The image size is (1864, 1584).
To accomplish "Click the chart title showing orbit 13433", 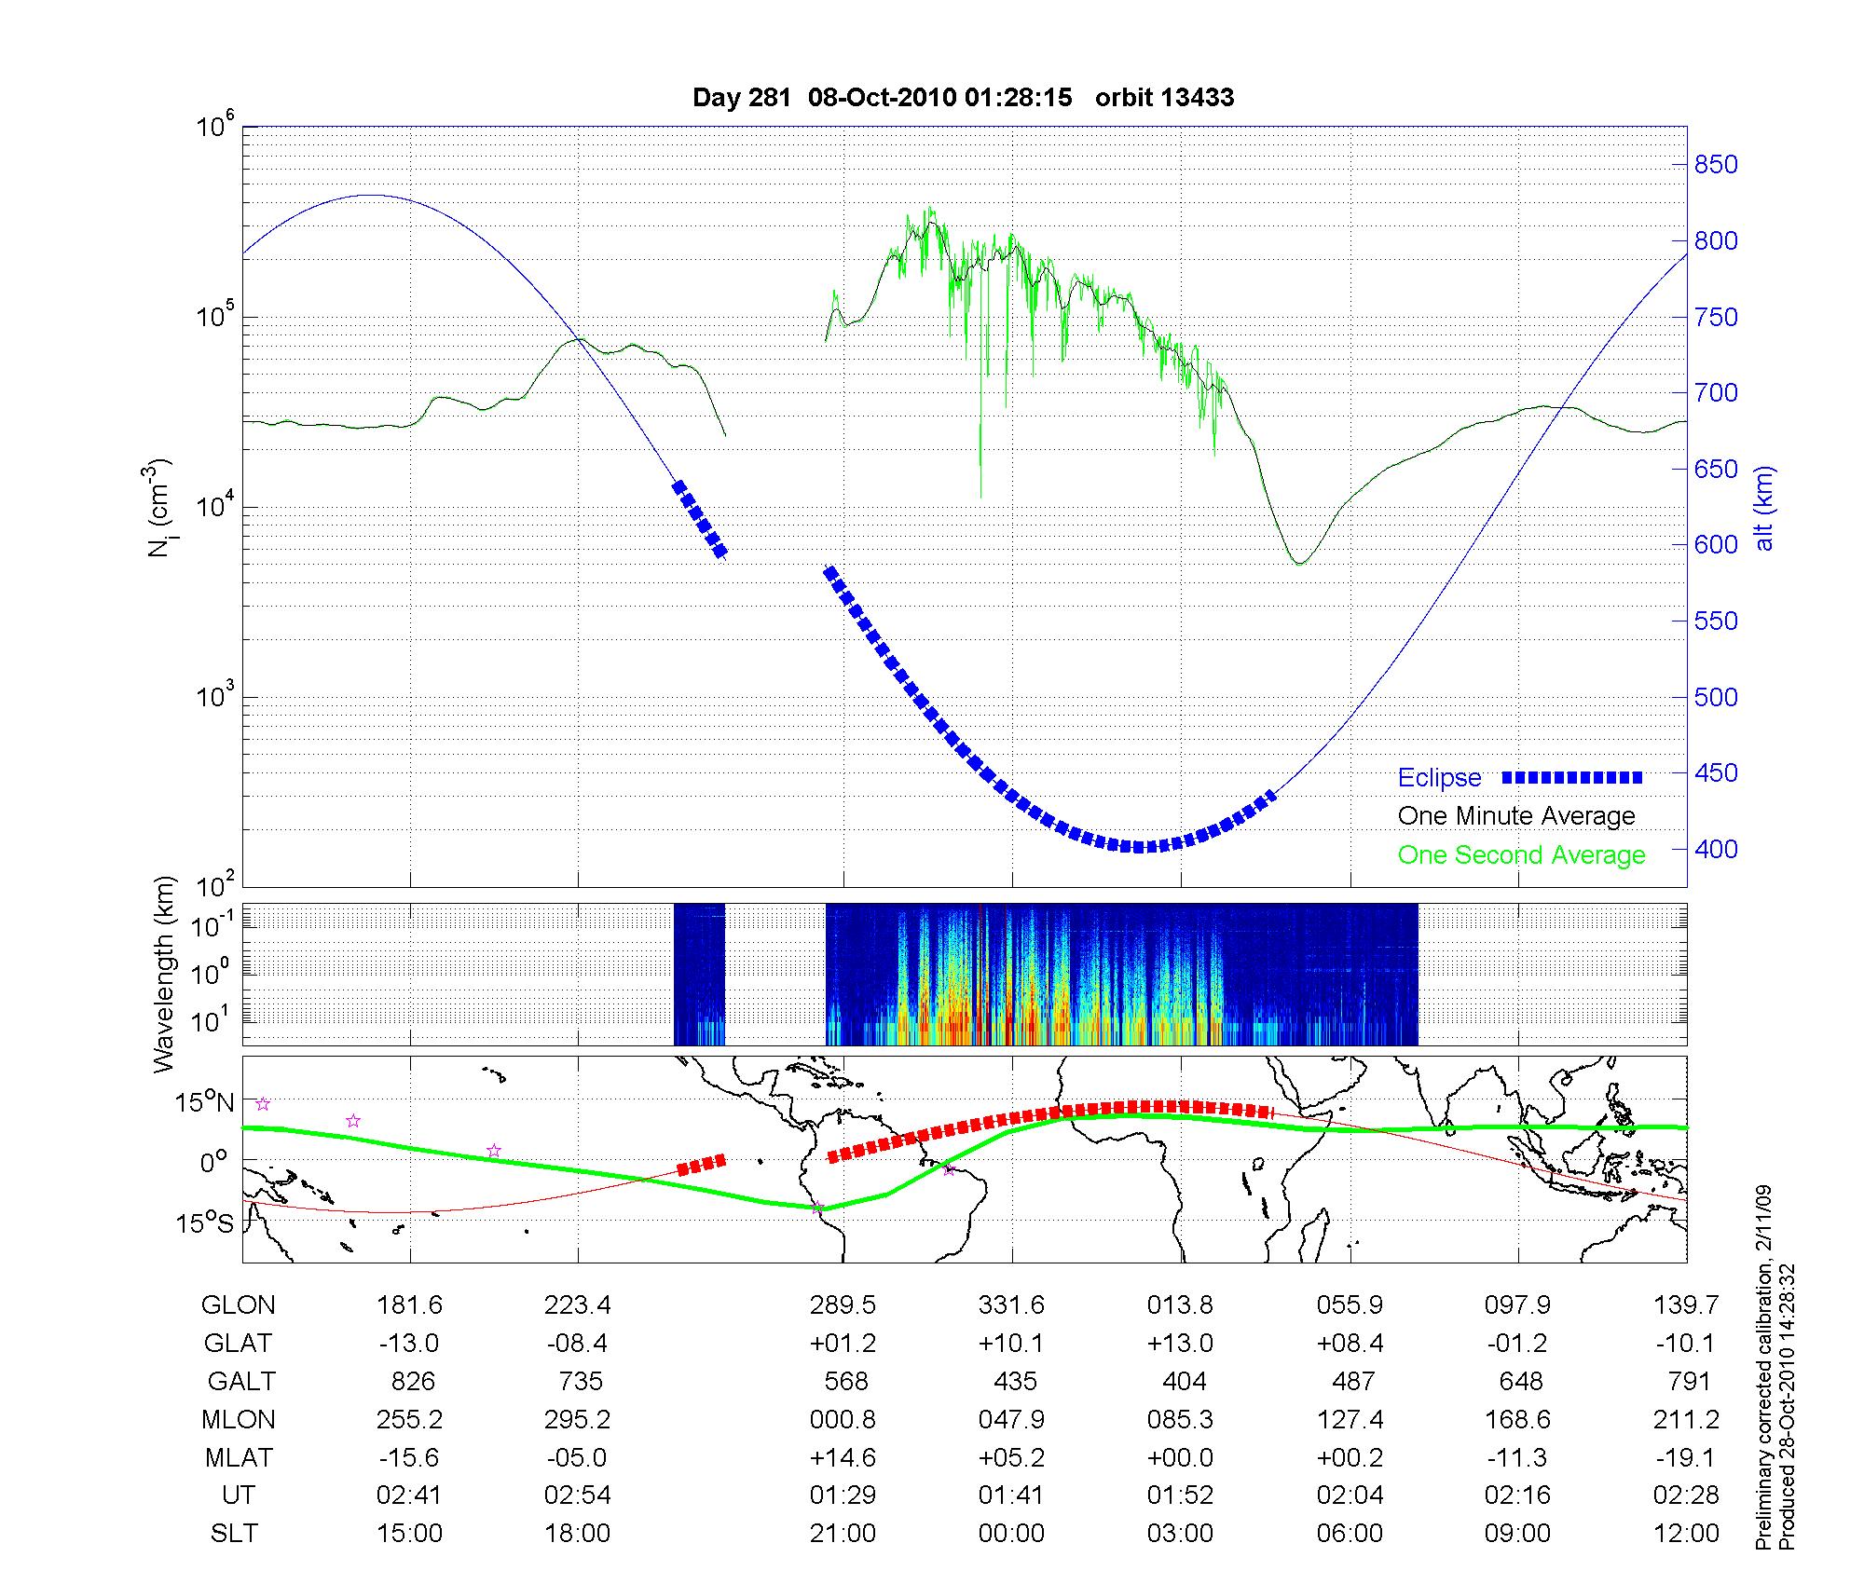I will (x=963, y=97).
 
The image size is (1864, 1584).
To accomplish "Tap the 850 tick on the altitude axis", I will (x=1716, y=165).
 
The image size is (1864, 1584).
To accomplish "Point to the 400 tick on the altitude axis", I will (x=1716, y=849).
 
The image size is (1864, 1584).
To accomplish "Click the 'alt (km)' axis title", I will (x=1764, y=508).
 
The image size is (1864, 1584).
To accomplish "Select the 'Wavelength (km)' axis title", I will (x=164, y=974).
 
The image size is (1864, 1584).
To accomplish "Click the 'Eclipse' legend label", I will (x=1439, y=778).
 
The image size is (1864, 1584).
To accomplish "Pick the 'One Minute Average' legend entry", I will (x=1516, y=816).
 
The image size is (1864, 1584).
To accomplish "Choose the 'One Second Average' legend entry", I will (x=1521, y=855).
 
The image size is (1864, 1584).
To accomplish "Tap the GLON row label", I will (x=238, y=1305).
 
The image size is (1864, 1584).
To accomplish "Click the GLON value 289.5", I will (x=843, y=1305).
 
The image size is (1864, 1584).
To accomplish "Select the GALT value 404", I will (x=1185, y=1381).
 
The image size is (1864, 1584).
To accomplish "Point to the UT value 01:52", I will (x=1181, y=1495).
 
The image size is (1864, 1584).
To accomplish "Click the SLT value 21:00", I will (x=843, y=1533).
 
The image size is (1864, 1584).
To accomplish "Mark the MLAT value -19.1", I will (x=1686, y=1457).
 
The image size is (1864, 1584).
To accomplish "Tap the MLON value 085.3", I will (x=1181, y=1419).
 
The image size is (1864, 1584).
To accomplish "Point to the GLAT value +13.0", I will (x=1181, y=1343).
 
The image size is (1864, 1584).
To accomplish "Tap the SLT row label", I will (x=234, y=1533).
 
